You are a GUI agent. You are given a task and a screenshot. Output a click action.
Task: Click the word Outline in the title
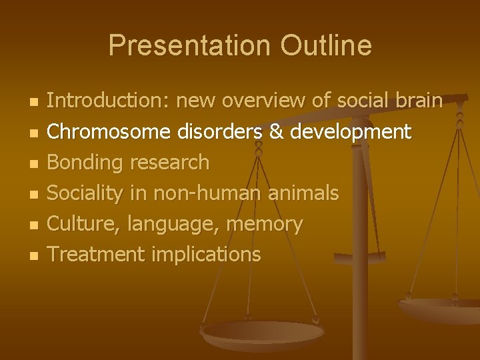pyautogui.click(x=326, y=46)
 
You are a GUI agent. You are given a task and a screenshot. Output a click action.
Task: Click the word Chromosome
pyautogui.click(x=110, y=131)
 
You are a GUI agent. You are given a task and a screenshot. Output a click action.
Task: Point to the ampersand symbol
pyautogui.click(x=274, y=131)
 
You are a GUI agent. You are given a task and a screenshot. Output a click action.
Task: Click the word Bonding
pyautogui.click(x=86, y=162)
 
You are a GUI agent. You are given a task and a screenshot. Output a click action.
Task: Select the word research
pyautogui.click(x=169, y=162)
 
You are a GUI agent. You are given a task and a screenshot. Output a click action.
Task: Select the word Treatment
pyautogui.click(x=97, y=254)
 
